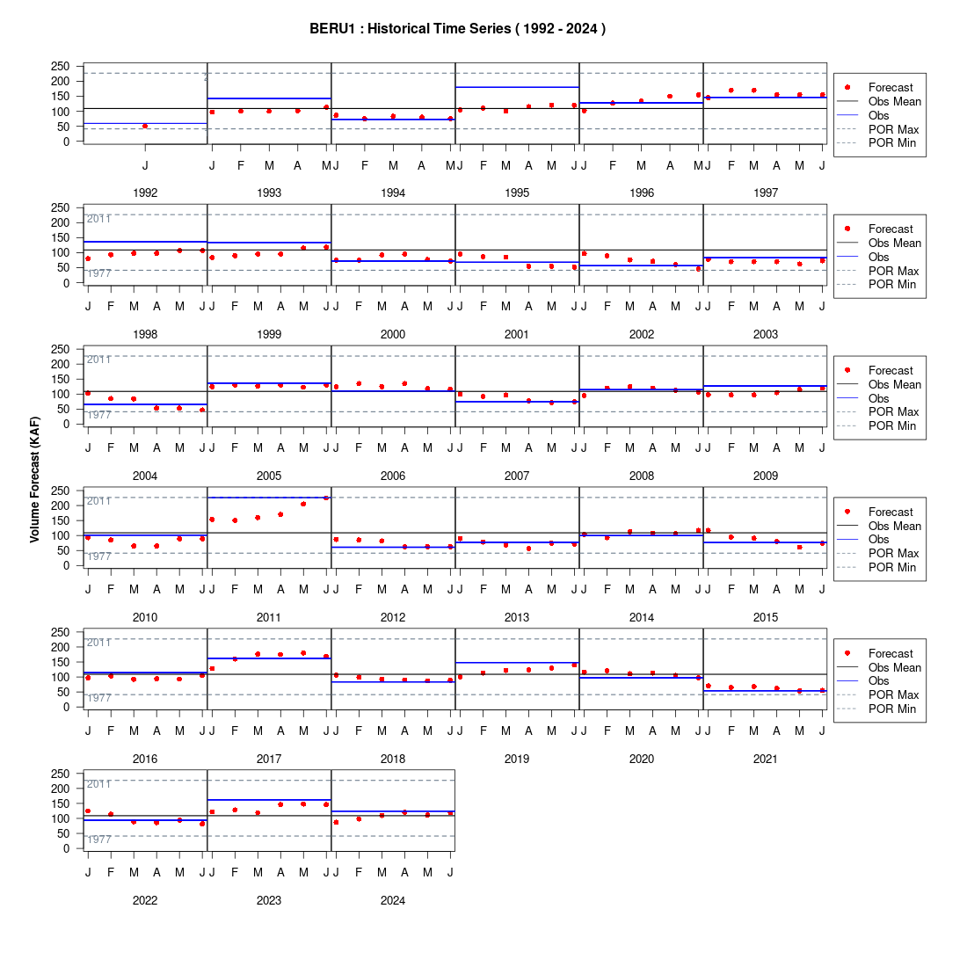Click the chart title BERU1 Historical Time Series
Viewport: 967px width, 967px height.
click(x=457, y=28)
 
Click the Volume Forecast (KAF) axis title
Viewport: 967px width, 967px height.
click(x=34, y=479)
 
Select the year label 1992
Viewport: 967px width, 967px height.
click(x=145, y=193)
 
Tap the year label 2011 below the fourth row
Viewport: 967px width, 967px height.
click(x=269, y=617)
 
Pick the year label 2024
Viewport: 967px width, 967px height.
click(x=393, y=900)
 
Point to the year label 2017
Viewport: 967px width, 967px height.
click(x=269, y=760)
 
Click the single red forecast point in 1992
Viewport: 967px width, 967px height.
click(x=145, y=127)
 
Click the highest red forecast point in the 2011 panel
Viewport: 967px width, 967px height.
click(x=326, y=498)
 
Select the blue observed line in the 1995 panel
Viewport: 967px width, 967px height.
click(x=517, y=87)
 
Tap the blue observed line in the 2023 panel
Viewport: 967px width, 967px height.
click(x=269, y=800)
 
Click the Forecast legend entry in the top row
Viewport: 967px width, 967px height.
click(x=891, y=88)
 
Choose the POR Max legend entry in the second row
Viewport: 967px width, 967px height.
click(x=894, y=271)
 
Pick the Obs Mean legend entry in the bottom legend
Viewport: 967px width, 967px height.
click(x=895, y=667)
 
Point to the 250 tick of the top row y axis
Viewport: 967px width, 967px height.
click(x=60, y=66)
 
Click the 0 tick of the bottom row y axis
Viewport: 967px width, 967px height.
click(x=66, y=848)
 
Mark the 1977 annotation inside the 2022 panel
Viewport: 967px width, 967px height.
click(x=98, y=840)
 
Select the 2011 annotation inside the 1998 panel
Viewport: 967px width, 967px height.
click(x=98, y=219)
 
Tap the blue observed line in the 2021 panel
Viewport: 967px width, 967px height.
click(x=765, y=691)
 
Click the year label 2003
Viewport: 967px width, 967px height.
click(x=766, y=334)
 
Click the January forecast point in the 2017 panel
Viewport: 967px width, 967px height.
click(x=212, y=668)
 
